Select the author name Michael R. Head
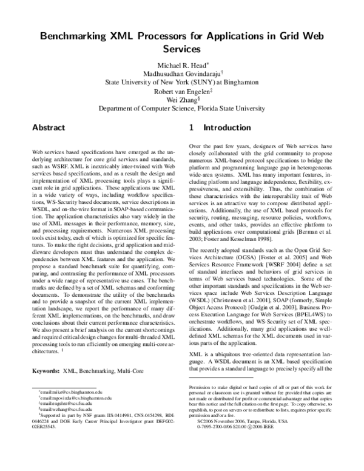tap(181, 64)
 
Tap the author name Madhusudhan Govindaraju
tap(181, 73)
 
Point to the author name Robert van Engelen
tap(182, 93)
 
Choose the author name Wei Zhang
tap(182, 102)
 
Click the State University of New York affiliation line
tap(181, 82)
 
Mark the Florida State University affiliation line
tap(181, 111)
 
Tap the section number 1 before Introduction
tap(192, 129)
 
